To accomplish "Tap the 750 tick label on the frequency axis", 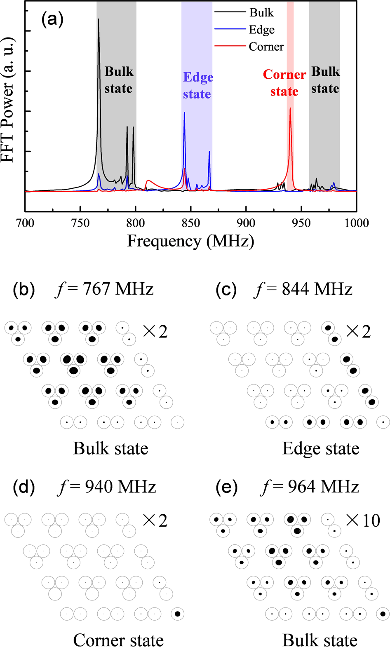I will pos(80,223).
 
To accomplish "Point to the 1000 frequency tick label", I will pos(356,223).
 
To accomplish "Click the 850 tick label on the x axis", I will pos(191,223).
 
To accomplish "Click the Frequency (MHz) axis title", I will pos(190,241).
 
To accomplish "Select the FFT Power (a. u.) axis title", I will pos(8,100).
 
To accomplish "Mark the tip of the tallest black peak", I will pos(98,19).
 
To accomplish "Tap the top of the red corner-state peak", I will pos(290,108).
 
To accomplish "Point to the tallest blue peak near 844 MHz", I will pos(184,113).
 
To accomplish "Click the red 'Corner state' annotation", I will pos(284,83).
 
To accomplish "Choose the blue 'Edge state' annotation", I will pos(197,85).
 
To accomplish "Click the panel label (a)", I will pos(52,19).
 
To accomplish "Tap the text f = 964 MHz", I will pos(310,487).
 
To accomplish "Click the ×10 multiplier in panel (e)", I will pos(363,520).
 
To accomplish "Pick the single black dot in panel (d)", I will pos(177,614).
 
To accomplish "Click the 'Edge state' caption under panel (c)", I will pos(321,448).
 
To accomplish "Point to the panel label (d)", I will pos(24,487).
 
